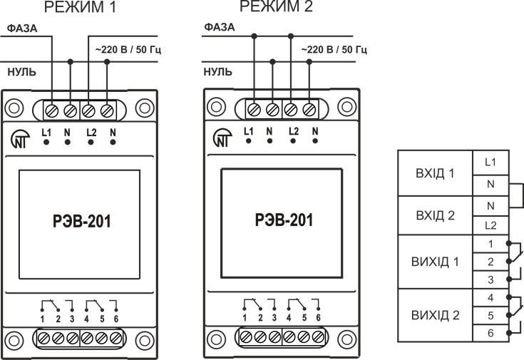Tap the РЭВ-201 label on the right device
(x=283, y=220)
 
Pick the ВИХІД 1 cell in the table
(x=435, y=261)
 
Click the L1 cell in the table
(x=489, y=162)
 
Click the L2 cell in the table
(x=489, y=225)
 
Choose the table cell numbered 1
(x=489, y=243)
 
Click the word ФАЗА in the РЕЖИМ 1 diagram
(x=21, y=29)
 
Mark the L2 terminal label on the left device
(x=91, y=132)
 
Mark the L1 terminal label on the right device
(x=248, y=131)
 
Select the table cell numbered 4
(x=489, y=296)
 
